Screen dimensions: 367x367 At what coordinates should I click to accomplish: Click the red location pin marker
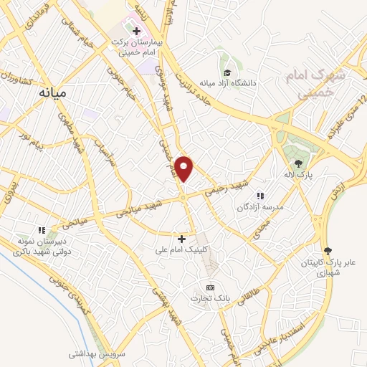[x=185, y=169]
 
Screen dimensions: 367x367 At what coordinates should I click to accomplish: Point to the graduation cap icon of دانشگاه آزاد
[x=227, y=72]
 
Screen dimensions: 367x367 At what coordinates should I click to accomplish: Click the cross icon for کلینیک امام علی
[x=181, y=239]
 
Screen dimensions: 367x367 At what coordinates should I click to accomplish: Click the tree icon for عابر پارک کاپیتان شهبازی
[x=328, y=250]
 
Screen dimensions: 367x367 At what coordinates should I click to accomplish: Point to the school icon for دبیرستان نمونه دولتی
[x=42, y=230]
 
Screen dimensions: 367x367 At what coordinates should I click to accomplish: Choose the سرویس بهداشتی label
[x=97, y=354]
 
